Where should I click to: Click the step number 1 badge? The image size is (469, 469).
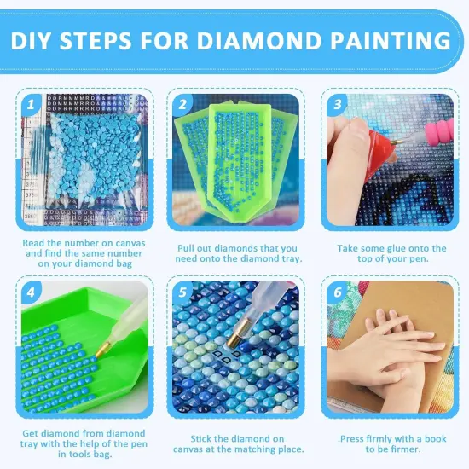[31, 106]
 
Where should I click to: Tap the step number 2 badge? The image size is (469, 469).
[182, 106]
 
